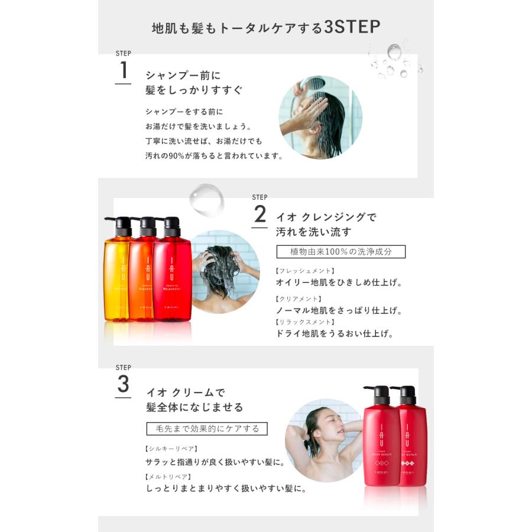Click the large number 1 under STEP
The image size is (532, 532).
coord(123,70)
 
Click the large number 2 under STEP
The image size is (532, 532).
coord(259,213)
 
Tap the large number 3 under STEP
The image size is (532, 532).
coord(123,384)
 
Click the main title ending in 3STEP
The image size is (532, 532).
coord(265,28)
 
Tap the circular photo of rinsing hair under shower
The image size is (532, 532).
coord(320,117)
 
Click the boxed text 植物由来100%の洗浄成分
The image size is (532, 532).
coord(341,252)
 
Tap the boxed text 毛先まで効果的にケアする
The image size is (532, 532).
coord(206,429)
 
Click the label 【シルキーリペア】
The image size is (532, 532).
coord(171,449)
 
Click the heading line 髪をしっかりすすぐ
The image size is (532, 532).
coord(194,90)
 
